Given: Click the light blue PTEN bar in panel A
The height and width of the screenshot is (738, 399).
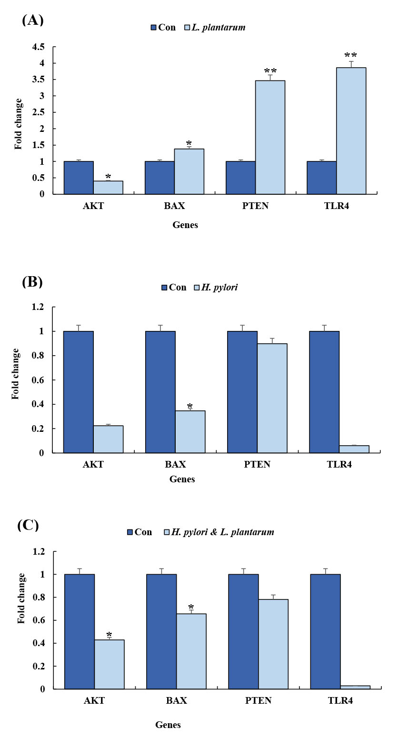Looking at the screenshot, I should [270, 137].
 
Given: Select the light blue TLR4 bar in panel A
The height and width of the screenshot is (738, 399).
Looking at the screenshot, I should [351, 131].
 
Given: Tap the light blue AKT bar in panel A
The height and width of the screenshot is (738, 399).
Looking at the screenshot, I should [108, 188].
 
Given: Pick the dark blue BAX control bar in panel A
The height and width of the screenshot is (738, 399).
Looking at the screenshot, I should [160, 178].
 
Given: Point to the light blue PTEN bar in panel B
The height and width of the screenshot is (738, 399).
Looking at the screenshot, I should [272, 398].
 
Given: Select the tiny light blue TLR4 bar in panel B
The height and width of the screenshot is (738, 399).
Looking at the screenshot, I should [354, 449].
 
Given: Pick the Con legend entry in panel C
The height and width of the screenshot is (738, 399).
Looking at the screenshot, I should [139, 532].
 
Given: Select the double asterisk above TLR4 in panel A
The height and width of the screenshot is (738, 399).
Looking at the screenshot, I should [350, 56].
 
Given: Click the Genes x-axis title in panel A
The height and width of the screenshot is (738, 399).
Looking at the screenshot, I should [185, 225].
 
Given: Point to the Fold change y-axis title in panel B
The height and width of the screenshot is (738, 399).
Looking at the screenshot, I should [16, 373].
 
